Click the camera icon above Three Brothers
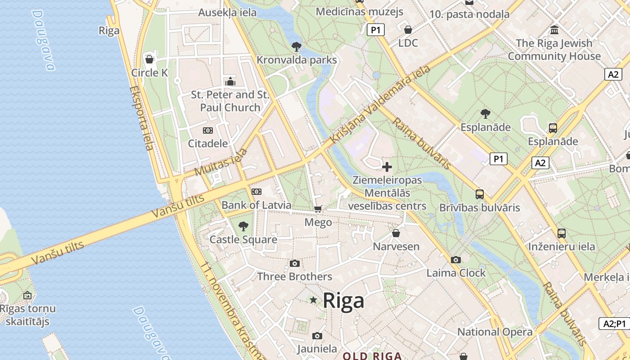pyautogui.click(x=295, y=263)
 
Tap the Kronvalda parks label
pyautogui.click(x=297, y=60)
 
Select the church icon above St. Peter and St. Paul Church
pyautogui.click(x=230, y=81)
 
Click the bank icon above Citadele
pyautogui.click(x=207, y=130)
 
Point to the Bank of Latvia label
pyautogui.click(x=256, y=205)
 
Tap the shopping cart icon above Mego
pyautogui.click(x=318, y=209)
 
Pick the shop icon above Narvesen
pyautogui.click(x=396, y=233)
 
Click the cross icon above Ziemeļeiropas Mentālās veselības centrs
pyautogui.click(x=387, y=167)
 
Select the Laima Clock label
pyautogui.click(x=456, y=273)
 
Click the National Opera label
pyautogui.click(x=495, y=332)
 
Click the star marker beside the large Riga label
pyautogui.click(x=313, y=300)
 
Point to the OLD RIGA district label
pyautogui.click(x=372, y=356)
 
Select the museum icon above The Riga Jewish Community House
pyautogui.click(x=554, y=30)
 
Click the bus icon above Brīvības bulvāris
pyautogui.click(x=480, y=194)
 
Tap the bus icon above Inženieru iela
pyautogui.click(x=562, y=234)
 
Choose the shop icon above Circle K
pyautogui.click(x=149, y=59)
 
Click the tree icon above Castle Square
pyautogui.click(x=243, y=226)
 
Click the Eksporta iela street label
pyautogui.click(x=142, y=118)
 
